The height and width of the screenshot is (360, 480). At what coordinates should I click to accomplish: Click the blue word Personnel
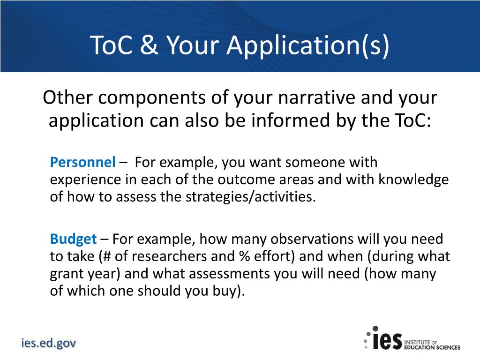coord(82,163)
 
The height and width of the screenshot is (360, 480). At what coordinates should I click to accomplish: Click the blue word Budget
coord(73,239)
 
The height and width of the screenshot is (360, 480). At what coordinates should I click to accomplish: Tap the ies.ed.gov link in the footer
coord(48,343)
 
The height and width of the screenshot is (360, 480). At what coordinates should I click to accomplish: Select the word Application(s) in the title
coord(308,45)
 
